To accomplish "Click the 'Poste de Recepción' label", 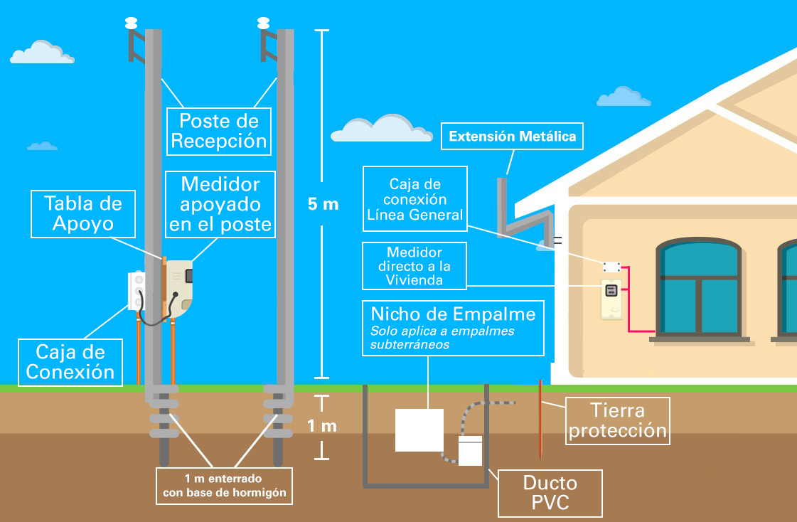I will click(218, 130).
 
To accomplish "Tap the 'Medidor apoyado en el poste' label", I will click(220, 204).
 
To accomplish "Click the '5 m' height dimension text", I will click(323, 204).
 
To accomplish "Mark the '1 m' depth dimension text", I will click(321, 426).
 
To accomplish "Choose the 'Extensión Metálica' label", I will click(512, 137).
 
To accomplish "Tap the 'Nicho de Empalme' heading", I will click(453, 314).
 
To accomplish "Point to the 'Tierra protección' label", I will click(617, 420).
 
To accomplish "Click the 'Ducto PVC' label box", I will click(550, 493).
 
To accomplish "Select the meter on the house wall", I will click(610, 298).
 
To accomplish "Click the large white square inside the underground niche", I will click(419, 430).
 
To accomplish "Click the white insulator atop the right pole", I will click(263, 22).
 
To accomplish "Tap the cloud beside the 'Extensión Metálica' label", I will click(383, 129).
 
